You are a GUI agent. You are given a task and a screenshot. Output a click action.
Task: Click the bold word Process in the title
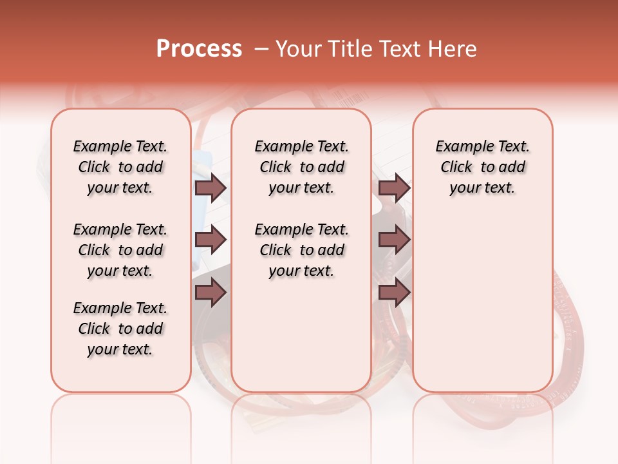coord(198,49)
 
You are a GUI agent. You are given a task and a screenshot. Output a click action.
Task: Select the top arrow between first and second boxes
coord(211,188)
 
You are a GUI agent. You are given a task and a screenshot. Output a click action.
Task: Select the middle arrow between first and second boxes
coord(211,240)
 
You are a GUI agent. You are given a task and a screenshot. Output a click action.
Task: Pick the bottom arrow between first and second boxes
coord(211,293)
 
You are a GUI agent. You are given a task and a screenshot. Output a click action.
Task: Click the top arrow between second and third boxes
coord(394,188)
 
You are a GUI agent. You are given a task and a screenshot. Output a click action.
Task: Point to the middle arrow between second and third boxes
coord(394,240)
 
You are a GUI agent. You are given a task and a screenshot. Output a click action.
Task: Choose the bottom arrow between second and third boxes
coord(394,293)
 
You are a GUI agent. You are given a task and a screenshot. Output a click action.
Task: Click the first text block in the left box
coord(120,167)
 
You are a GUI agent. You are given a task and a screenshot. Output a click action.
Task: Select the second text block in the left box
coord(120,250)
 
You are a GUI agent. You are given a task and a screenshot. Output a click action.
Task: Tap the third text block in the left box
coord(120,329)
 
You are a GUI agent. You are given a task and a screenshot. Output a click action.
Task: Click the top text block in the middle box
coord(301,167)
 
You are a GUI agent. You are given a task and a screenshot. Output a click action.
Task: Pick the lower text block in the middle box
coord(301,250)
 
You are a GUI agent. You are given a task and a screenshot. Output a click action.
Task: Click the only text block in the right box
coord(482,167)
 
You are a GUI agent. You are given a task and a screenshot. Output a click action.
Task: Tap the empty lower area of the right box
coord(482,309)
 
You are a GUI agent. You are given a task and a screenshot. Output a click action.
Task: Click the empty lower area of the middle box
coord(301,335)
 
